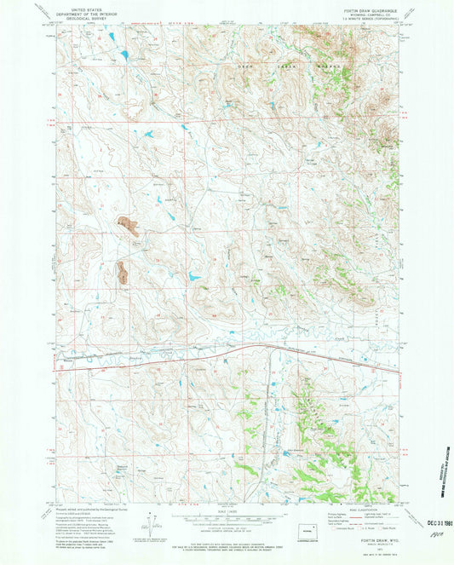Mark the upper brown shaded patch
[130, 227]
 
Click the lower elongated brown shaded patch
[122, 273]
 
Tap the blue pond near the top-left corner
[124, 57]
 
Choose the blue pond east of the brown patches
[195, 278]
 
